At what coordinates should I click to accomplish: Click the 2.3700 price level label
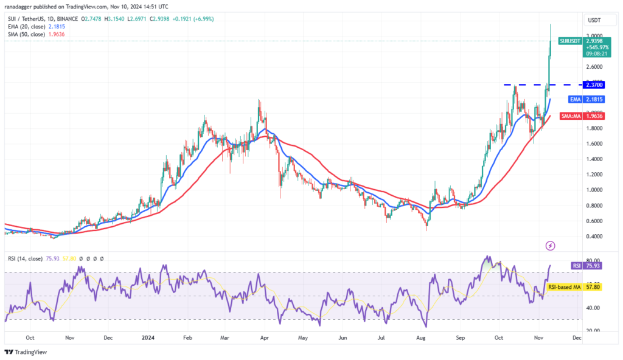pyautogui.click(x=593, y=85)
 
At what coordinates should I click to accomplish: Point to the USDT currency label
pyautogui.click(x=593, y=19)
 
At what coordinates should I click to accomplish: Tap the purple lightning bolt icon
pyautogui.click(x=550, y=246)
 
